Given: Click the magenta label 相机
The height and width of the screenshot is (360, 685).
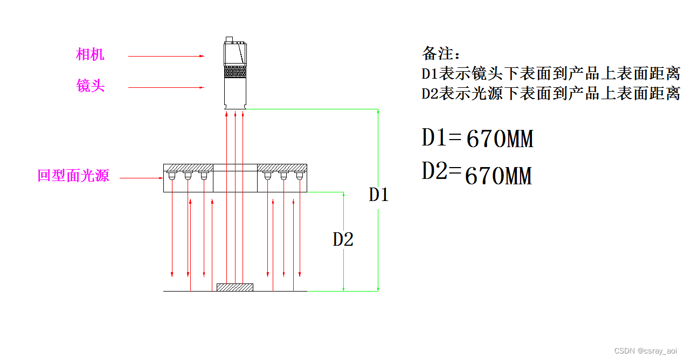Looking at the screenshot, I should (90, 54).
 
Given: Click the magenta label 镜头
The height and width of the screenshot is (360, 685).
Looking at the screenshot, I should (90, 86).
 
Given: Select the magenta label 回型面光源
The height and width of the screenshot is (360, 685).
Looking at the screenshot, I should (73, 176).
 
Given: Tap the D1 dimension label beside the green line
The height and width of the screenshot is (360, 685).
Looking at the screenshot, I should (378, 194).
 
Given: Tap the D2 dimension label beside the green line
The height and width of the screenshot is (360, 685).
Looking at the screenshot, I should (343, 239).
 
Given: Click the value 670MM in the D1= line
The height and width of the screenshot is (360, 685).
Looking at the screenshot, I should (500, 139).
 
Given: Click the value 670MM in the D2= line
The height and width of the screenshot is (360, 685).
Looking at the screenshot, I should (498, 176).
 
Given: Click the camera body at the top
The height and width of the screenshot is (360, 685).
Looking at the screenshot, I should (235, 54).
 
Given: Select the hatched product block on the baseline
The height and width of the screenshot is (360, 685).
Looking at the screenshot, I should (235, 287).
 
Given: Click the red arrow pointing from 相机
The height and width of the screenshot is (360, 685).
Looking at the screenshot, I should (166, 56).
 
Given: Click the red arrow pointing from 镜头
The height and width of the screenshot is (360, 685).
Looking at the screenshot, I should (166, 87).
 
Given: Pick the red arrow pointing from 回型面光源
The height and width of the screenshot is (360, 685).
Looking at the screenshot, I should (141, 178).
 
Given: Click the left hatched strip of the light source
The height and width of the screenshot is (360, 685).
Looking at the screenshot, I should (188, 168).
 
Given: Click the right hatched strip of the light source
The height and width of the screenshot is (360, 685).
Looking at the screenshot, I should (282, 168).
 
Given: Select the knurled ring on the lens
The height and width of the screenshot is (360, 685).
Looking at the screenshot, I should (235, 72).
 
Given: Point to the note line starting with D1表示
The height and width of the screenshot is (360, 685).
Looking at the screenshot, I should (550, 74).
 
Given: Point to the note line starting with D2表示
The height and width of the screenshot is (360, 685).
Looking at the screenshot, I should (550, 94).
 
